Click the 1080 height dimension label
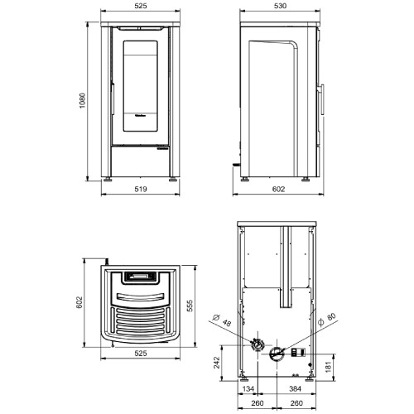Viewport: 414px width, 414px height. pyautogui.click(x=82, y=100)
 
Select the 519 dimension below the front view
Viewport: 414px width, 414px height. pyautogui.click(x=141, y=189)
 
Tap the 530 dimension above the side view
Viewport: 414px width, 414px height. pyautogui.click(x=280, y=6)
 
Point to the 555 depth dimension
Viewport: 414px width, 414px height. pyautogui.click(x=190, y=306)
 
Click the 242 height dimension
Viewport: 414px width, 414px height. pyautogui.click(x=217, y=363)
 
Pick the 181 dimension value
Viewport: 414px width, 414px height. pyautogui.click(x=328, y=367)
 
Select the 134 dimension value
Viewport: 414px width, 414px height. pyautogui.click(x=248, y=389)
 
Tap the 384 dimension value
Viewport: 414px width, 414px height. pyautogui.click(x=295, y=389)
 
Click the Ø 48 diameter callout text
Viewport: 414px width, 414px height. pyautogui.click(x=222, y=320)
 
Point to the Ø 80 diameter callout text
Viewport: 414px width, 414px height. pyautogui.click(x=327, y=320)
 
